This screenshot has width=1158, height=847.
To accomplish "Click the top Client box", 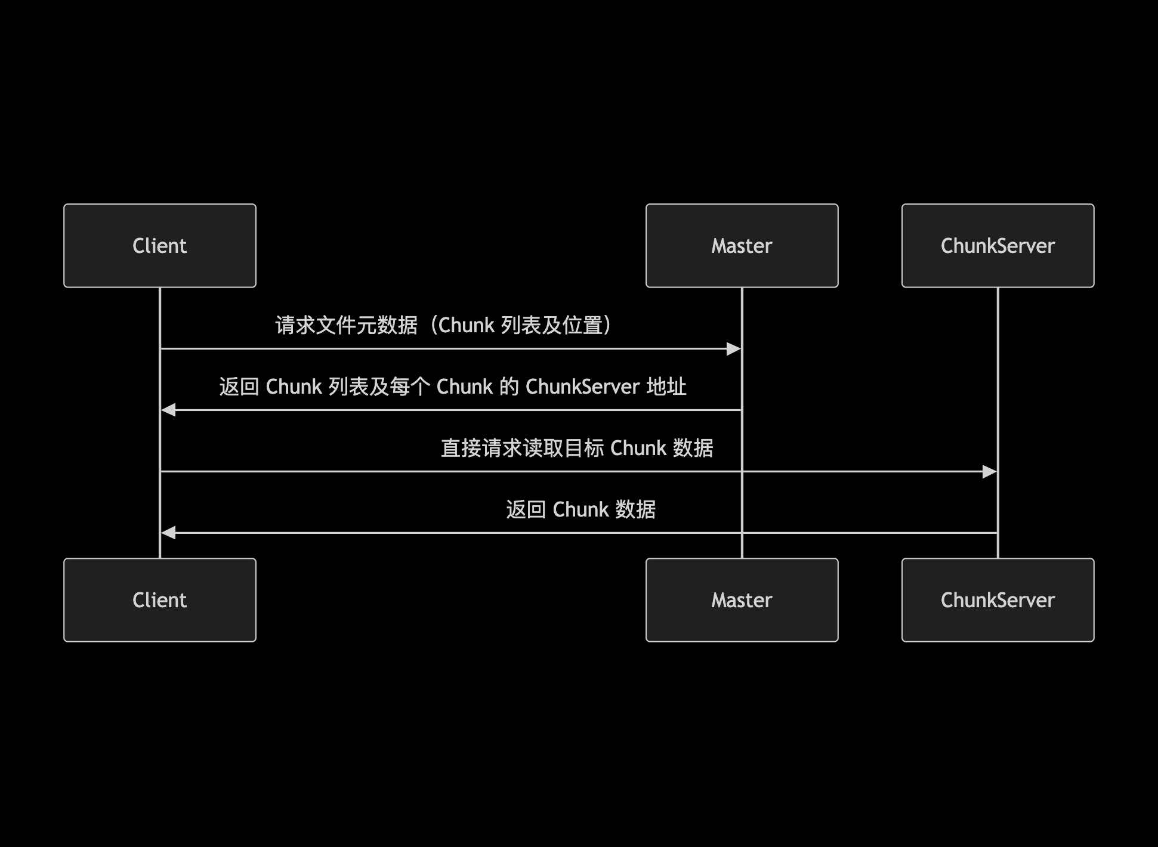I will coord(160,246).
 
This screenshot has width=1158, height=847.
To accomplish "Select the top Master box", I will coord(742,246).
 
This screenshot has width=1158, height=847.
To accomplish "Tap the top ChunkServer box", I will coord(998,246).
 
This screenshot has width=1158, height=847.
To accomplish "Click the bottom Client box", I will coord(160,600).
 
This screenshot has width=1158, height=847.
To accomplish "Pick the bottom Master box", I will coord(742,600).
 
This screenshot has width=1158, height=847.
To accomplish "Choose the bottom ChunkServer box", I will coord(998,600).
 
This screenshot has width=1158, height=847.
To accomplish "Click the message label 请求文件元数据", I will coord(346,326).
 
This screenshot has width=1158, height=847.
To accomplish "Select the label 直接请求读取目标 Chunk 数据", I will coord(577,449).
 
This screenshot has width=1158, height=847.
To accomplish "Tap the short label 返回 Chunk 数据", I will coord(580,510).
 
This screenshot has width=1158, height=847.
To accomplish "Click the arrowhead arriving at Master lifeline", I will coord(734,349).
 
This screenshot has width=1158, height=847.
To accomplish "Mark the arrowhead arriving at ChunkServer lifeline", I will coord(990,472).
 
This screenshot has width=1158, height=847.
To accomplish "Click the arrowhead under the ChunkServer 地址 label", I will coord(169,410).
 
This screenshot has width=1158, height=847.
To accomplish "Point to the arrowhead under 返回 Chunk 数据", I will coord(169,533).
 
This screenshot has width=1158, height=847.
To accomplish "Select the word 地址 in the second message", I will coord(666,387).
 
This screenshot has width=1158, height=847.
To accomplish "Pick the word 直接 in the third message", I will coord(461,449).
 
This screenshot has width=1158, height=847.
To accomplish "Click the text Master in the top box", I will coord(742,246).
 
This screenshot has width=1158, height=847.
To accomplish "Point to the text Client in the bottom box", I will coord(160,600).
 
